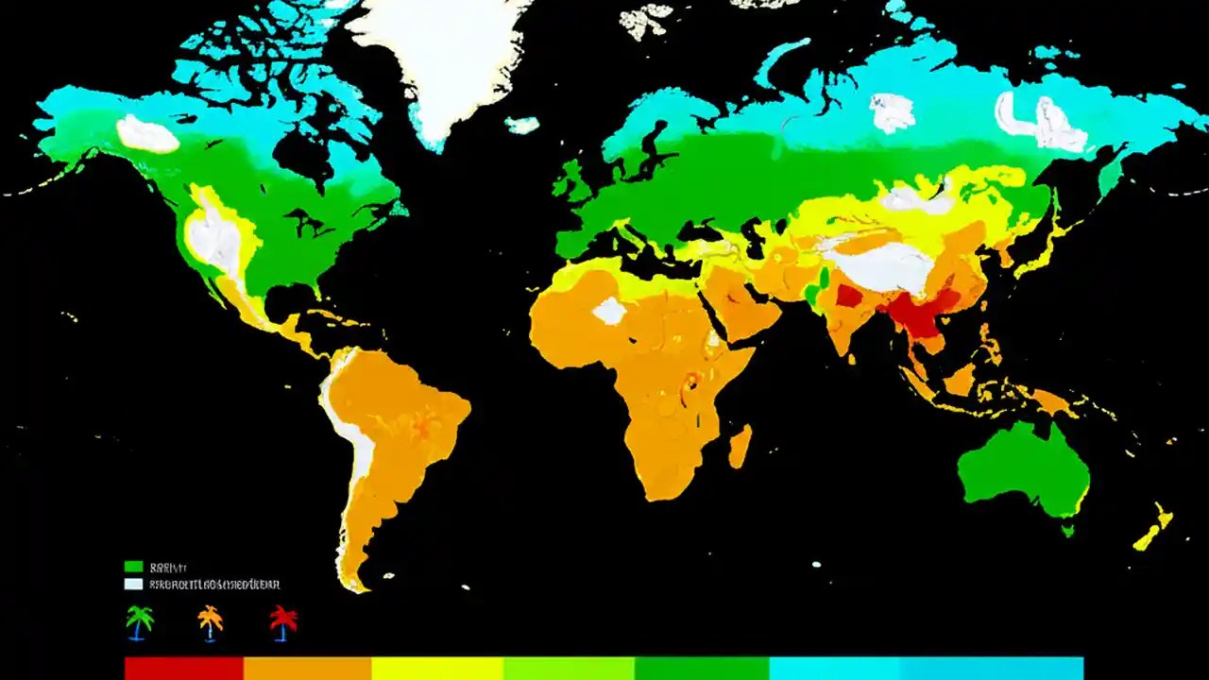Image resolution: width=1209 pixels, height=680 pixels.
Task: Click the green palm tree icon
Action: click(x=140, y=622)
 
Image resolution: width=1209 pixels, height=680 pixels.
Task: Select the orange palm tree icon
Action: click(x=210, y=622)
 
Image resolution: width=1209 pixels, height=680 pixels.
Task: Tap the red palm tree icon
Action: click(x=282, y=622)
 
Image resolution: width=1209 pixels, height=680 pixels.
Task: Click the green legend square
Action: click(x=133, y=567)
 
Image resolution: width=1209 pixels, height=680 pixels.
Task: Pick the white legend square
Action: click(x=133, y=585)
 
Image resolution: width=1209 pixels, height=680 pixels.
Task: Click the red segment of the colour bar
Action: click(x=184, y=668)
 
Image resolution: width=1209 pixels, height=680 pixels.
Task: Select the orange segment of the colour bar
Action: click(x=307, y=668)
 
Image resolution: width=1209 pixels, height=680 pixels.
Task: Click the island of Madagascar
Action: click(x=741, y=446)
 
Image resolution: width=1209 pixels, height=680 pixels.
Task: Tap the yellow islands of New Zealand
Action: click(x=1154, y=530)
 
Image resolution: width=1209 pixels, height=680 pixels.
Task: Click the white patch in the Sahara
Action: click(x=610, y=311)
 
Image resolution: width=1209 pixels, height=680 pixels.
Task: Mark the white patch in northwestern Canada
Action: click(x=146, y=134)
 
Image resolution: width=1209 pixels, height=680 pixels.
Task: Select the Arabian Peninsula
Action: click(x=741, y=302)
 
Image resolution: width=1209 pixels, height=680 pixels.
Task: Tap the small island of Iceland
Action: click(x=521, y=125)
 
